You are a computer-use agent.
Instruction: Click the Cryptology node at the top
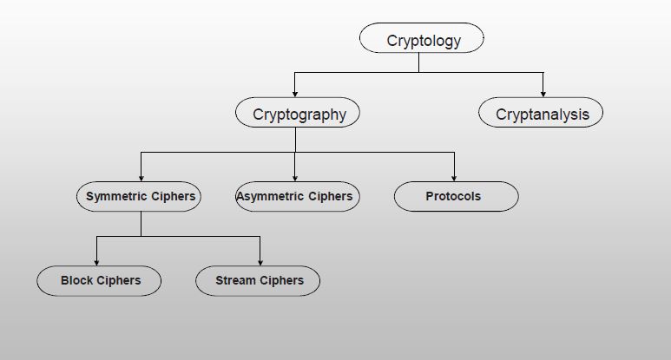tap(422, 40)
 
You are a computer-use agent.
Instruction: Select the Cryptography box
tap(298, 114)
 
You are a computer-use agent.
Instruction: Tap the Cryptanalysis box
tap(542, 114)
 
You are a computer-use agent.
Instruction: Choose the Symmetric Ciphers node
tap(140, 197)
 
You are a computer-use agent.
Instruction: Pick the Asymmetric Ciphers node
tap(296, 197)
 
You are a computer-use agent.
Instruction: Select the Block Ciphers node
tap(99, 280)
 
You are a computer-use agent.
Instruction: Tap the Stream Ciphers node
tap(258, 280)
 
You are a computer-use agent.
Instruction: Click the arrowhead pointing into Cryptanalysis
tap(543, 93)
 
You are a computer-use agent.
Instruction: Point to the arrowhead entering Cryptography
tap(295, 93)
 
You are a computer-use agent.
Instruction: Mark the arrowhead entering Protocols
tap(454, 178)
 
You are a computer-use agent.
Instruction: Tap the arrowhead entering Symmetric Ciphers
tap(141, 178)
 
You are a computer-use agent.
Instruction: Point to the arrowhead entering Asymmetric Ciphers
tap(295, 178)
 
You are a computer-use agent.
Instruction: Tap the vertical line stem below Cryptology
tap(419, 62)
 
